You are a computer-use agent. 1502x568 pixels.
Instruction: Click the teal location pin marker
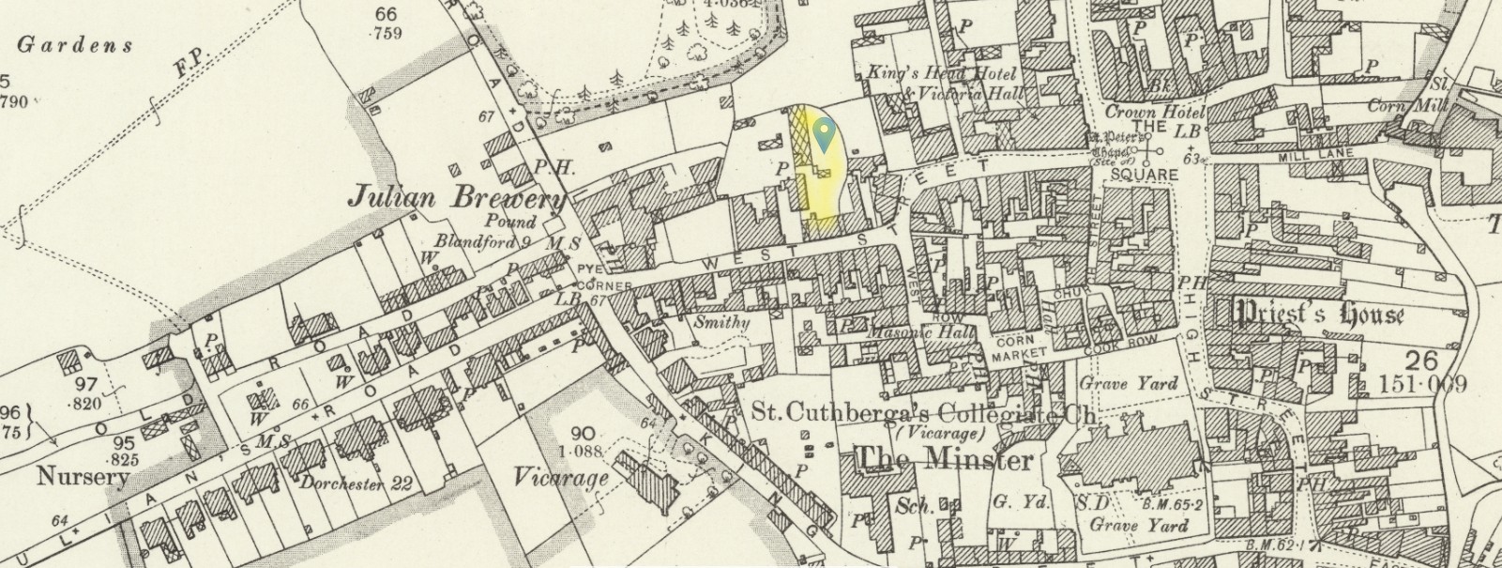click(824, 134)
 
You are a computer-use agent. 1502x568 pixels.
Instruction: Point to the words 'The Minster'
click(945, 459)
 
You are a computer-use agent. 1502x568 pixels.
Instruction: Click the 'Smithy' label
click(721, 322)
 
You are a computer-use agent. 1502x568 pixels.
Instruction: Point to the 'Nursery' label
click(82, 477)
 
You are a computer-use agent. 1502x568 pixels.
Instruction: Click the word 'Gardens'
click(75, 44)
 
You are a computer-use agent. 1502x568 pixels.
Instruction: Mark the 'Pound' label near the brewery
click(511, 223)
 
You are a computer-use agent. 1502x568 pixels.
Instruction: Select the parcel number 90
click(582, 433)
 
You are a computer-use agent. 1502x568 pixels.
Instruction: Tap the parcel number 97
click(86, 385)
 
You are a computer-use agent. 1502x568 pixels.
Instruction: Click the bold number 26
click(1422, 361)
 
